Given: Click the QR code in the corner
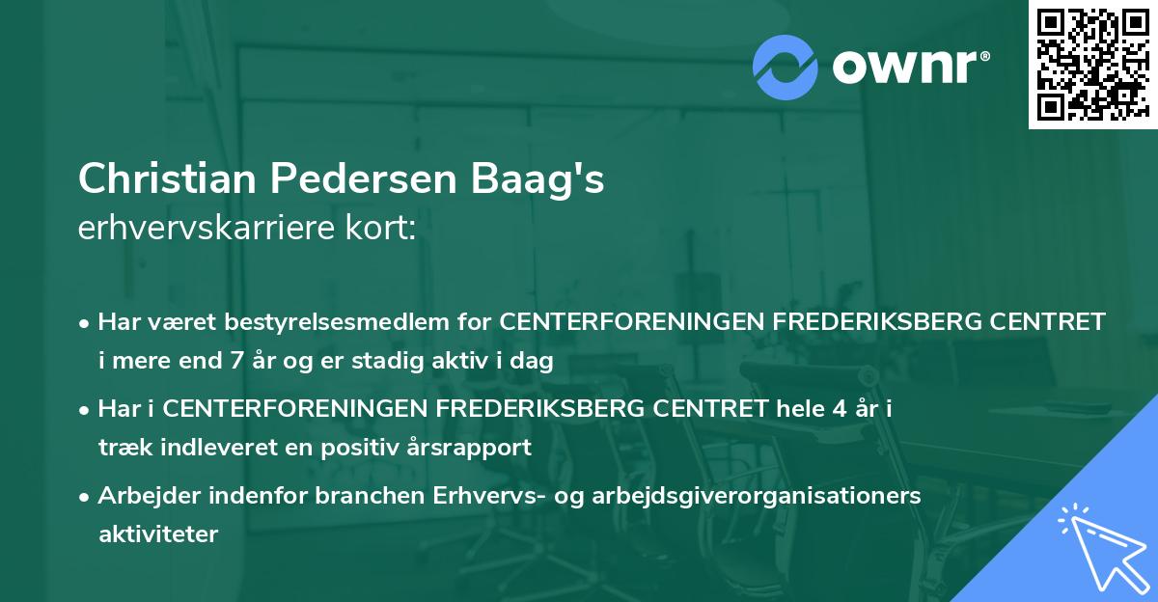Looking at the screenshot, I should (1090, 65).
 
